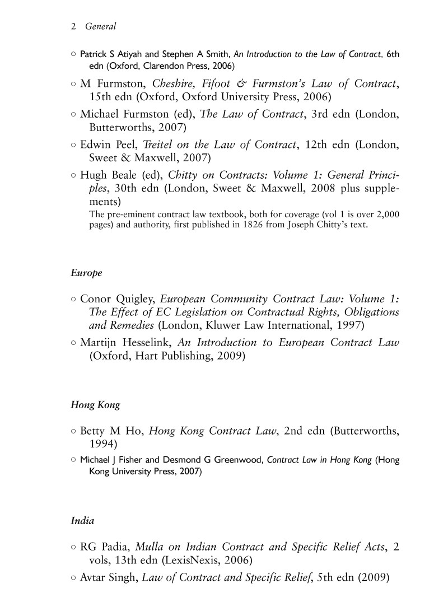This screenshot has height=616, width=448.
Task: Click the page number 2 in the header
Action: [73, 26]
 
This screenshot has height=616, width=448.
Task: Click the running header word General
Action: [100, 26]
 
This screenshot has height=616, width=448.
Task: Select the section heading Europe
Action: [86, 273]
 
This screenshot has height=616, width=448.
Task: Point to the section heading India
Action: [82, 520]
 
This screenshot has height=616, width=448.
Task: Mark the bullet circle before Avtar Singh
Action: [73, 577]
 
